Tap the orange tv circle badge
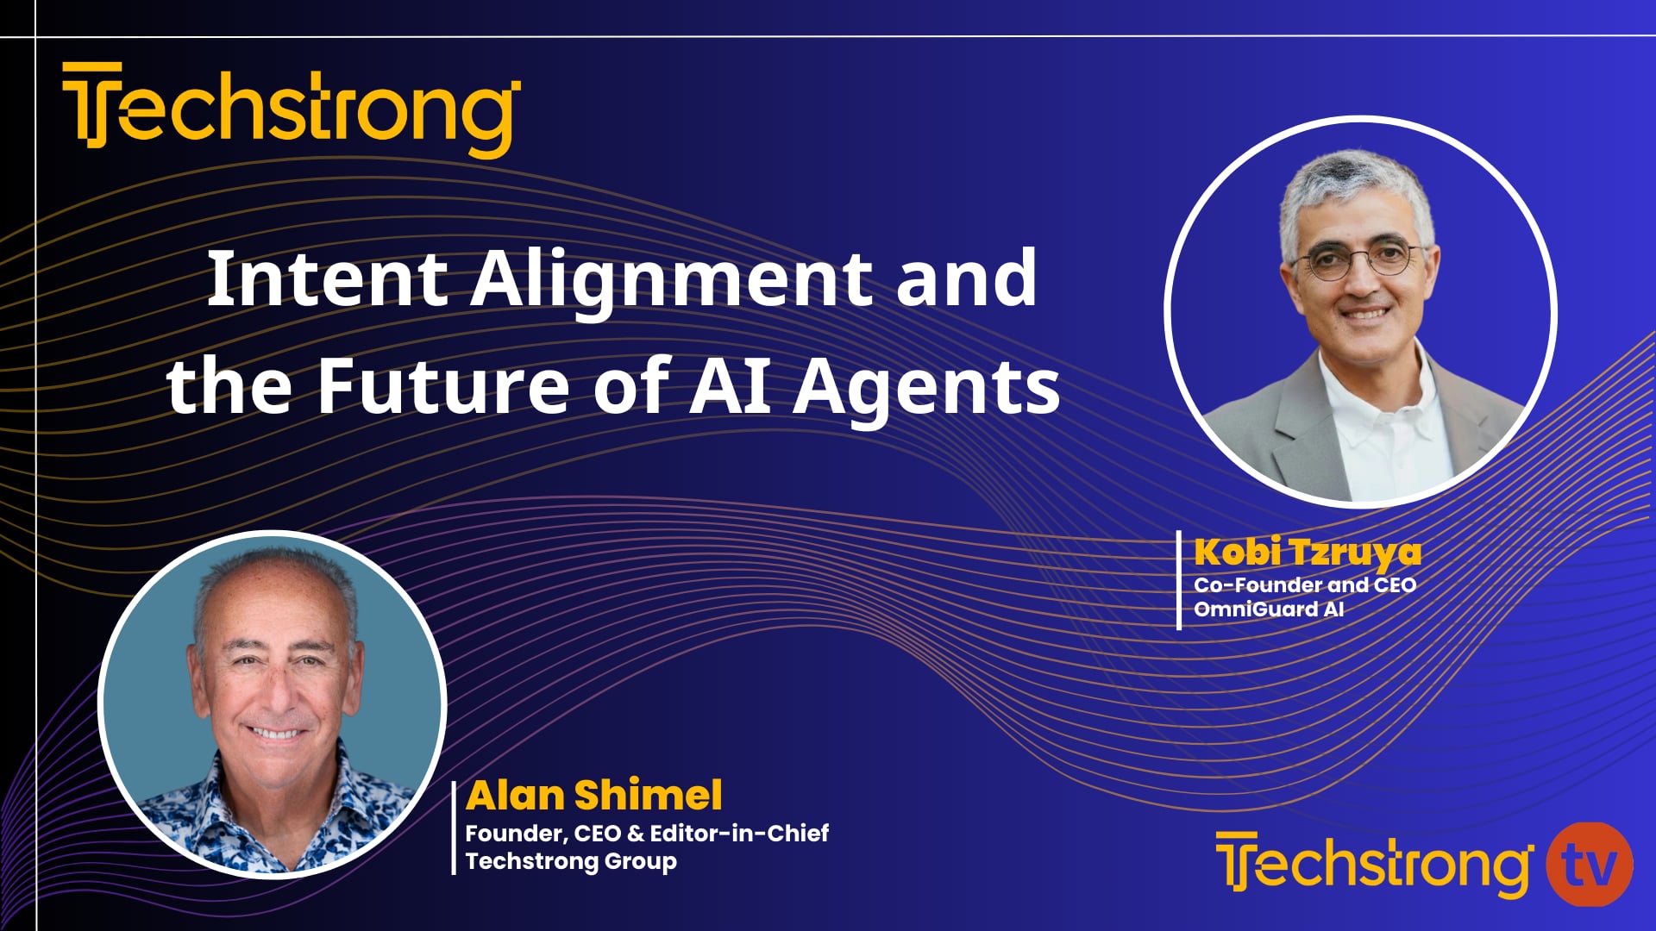pos(1589,865)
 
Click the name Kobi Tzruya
pos(1308,553)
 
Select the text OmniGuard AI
pos(1269,609)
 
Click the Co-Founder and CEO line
pos(1305,585)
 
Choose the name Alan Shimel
pos(594,795)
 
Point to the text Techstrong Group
pos(571,861)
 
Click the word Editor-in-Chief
pos(739,834)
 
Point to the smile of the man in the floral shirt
pos(275,734)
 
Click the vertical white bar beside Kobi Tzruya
pos(1179,580)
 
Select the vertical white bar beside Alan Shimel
pos(455,828)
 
